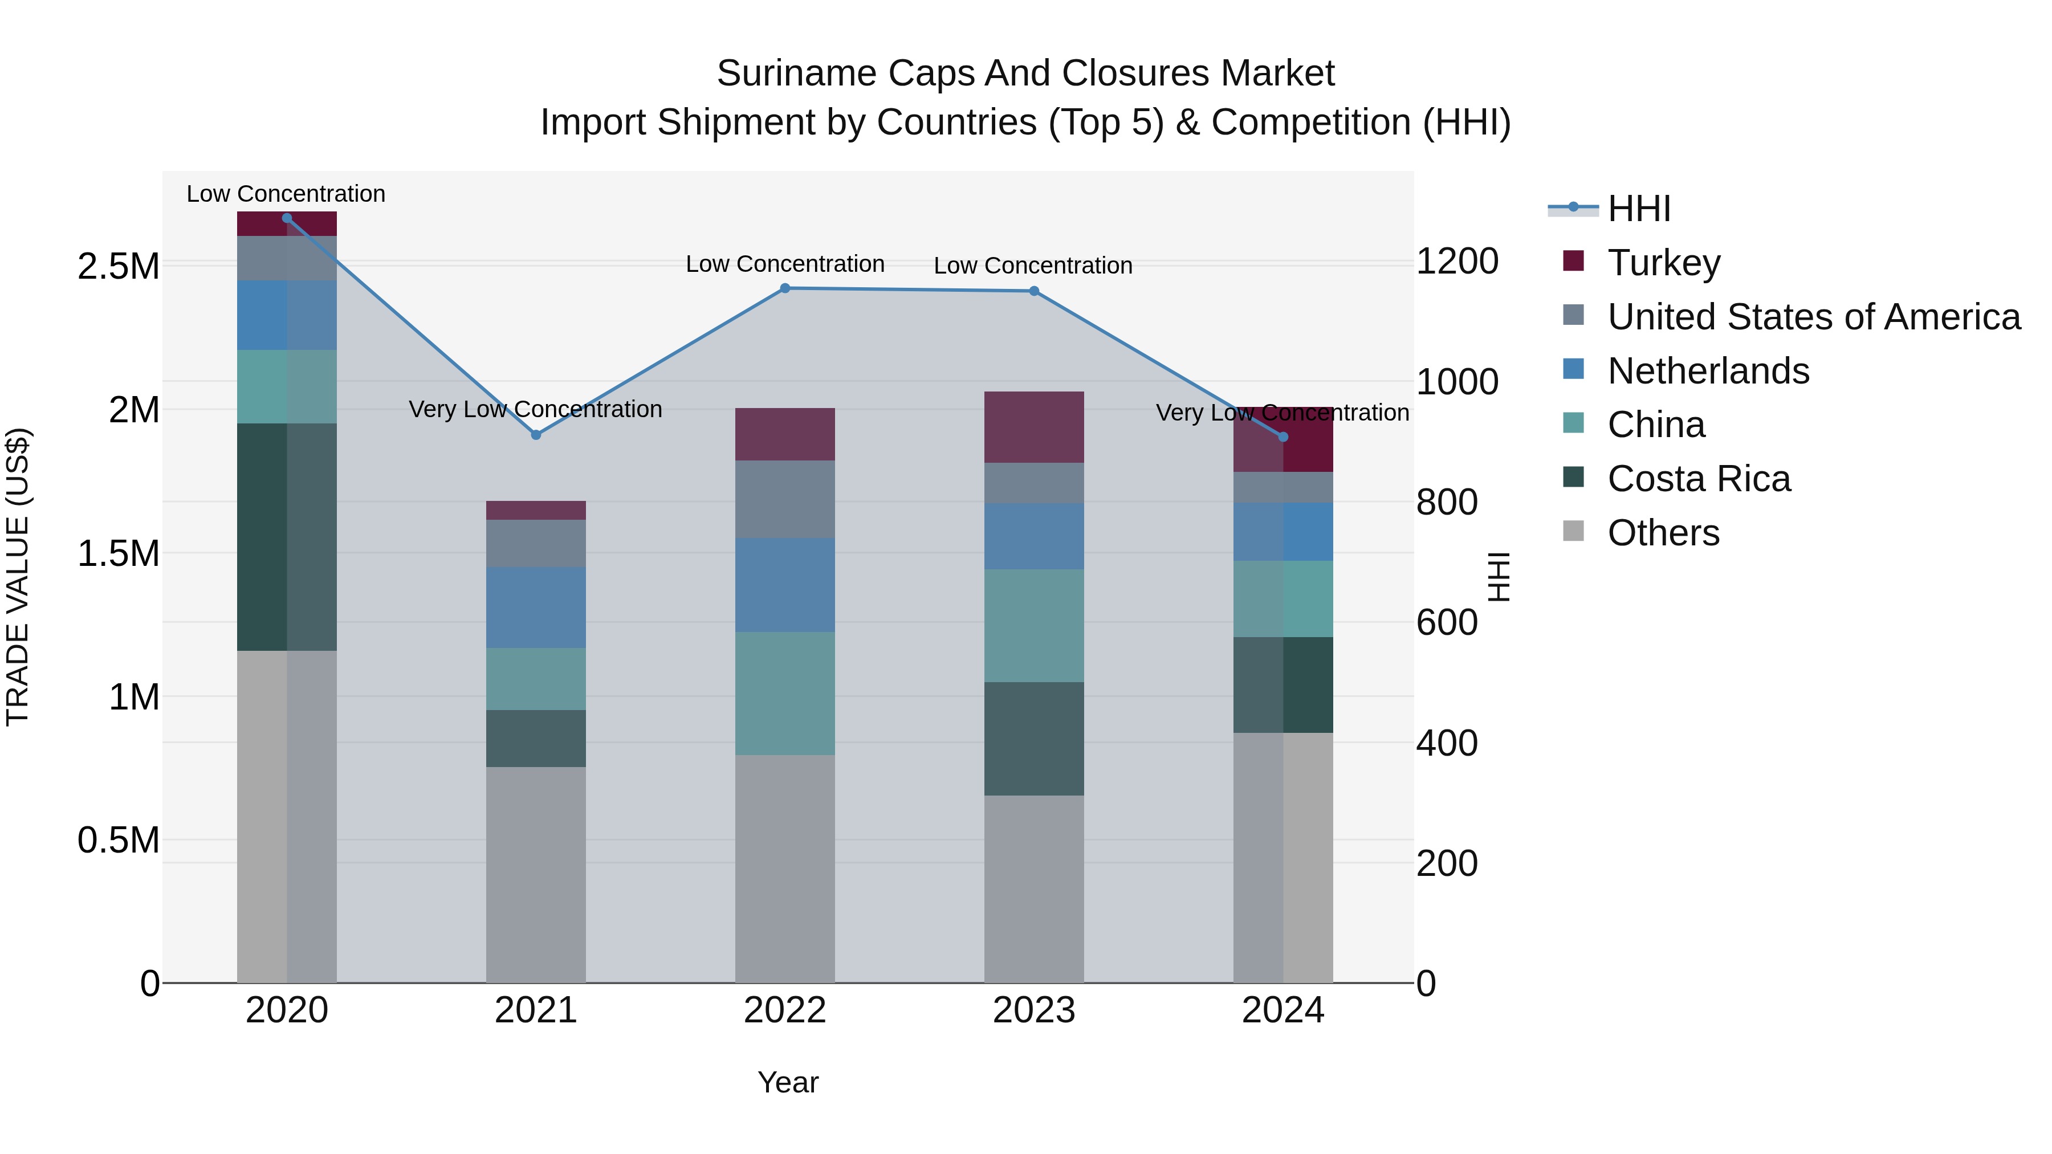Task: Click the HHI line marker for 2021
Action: pyautogui.click(x=536, y=435)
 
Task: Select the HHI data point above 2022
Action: pyautogui.click(x=785, y=288)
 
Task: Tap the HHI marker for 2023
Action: pyautogui.click(x=1034, y=291)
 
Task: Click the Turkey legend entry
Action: pyautogui.click(x=1663, y=262)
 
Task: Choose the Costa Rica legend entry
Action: pyautogui.click(x=1699, y=479)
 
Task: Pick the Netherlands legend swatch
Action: pyautogui.click(x=1573, y=369)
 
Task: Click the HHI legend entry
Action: pyautogui.click(x=1639, y=209)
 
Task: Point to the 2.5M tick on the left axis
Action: pyautogui.click(x=118, y=266)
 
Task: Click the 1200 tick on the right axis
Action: pyautogui.click(x=1457, y=261)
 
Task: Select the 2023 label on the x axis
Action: pyautogui.click(x=1034, y=1010)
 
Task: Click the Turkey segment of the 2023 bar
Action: pyautogui.click(x=1034, y=427)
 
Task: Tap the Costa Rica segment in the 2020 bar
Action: pyautogui.click(x=287, y=537)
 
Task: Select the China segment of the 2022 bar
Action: pyautogui.click(x=785, y=693)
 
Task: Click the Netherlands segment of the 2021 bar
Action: pyautogui.click(x=536, y=607)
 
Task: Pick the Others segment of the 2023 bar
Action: pyautogui.click(x=1034, y=888)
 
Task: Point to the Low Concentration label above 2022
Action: pyautogui.click(x=785, y=264)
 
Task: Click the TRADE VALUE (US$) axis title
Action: pyautogui.click(x=18, y=577)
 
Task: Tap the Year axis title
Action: pyautogui.click(x=788, y=1082)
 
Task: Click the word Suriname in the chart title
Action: pyautogui.click(x=797, y=74)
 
